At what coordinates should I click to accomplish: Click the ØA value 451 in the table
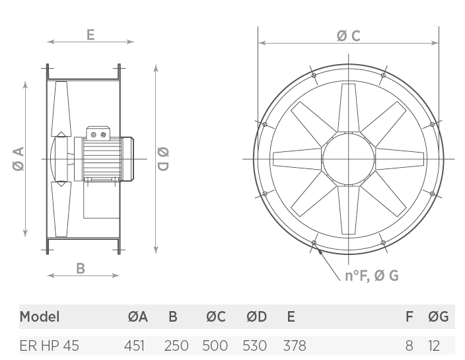(x=134, y=345)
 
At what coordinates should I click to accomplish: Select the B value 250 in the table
(x=176, y=345)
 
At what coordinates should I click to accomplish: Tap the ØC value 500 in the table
(x=215, y=345)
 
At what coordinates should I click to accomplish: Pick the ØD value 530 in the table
(x=255, y=345)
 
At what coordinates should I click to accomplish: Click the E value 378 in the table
(x=295, y=345)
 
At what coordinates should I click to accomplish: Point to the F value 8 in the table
(x=409, y=345)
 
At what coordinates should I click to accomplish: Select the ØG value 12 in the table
(x=434, y=345)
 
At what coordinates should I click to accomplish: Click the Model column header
(x=40, y=316)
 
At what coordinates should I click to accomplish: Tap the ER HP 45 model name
(x=50, y=345)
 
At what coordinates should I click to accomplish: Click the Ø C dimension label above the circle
(x=349, y=36)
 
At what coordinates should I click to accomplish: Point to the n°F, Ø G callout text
(x=372, y=275)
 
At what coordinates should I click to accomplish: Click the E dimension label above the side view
(x=90, y=35)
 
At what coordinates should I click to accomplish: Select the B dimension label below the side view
(x=81, y=268)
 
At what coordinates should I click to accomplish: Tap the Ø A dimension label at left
(x=18, y=159)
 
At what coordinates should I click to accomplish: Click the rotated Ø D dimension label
(x=162, y=159)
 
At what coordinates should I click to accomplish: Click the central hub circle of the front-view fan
(x=349, y=159)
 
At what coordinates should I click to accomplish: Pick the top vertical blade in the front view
(x=349, y=108)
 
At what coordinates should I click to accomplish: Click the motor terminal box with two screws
(x=98, y=133)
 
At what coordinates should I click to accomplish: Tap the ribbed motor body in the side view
(x=102, y=159)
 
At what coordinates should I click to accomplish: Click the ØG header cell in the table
(x=439, y=316)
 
